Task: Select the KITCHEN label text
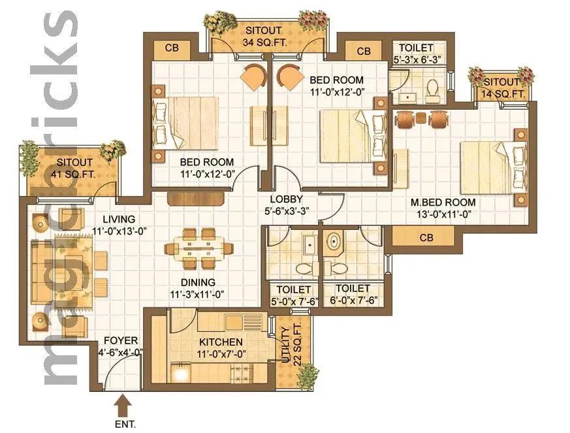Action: [x=221, y=342]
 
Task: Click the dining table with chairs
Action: [x=199, y=248]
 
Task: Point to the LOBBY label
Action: [x=286, y=200]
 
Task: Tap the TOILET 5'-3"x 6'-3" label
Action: [x=417, y=54]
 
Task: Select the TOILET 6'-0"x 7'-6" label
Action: [x=352, y=295]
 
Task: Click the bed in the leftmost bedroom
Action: [x=186, y=123]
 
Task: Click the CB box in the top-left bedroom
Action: [x=172, y=48]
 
